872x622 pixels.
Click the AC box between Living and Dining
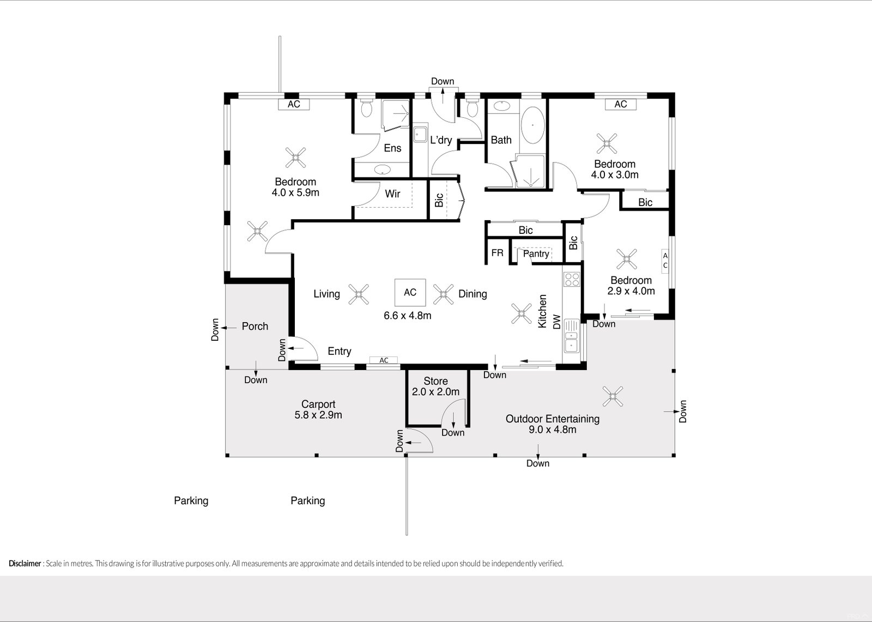[x=410, y=292]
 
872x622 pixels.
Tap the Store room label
[x=435, y=381]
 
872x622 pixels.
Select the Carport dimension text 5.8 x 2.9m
[x=318, y=415]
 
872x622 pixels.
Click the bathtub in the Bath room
[x=532, y=125]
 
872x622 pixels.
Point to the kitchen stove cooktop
[x=572, y=279]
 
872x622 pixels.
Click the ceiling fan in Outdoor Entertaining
[x=613, y=396]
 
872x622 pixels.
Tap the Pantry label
[x=536, y=254]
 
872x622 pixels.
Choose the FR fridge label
[x=497, y=253]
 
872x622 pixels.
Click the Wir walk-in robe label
[x=392, y=194]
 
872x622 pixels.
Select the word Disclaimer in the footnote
[x=25, y=563]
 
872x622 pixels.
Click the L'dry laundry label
[x=441, y=140]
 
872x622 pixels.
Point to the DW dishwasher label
[x=556, y=322]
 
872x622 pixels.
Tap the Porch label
[x=255, y=326]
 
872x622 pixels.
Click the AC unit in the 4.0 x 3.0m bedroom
[x=621, y=104]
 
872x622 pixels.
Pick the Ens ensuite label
[x=392, y=148]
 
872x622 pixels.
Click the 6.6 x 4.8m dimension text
[x=408, y=316]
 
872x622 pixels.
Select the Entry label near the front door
[x=340, y=351]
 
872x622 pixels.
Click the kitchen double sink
[x=571, y=336]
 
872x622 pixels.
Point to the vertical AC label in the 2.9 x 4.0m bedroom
[x=665, y=261]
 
